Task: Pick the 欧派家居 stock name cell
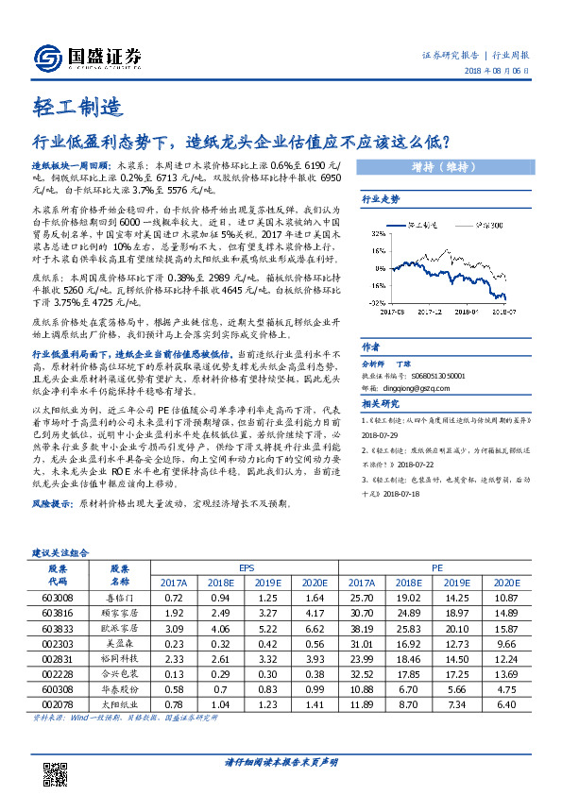119,627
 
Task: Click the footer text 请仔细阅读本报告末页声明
281,761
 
